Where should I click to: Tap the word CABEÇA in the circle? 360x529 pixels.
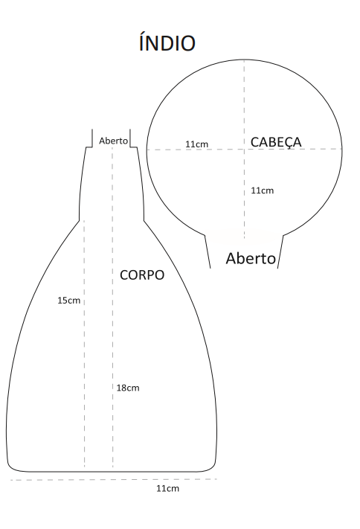coord(276,142)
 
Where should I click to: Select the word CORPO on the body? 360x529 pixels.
coord(142,275)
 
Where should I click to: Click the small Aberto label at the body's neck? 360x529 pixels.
coord(113,141)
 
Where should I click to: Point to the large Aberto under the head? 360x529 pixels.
coord(251,258)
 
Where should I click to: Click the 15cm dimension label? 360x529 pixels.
coord(69,301)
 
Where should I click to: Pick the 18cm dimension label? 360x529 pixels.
coord(128,388)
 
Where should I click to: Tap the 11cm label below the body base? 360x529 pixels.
coord(167,488)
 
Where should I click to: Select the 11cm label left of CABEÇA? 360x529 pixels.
coord(196,144)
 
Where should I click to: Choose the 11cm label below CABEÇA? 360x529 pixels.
coord(262,190)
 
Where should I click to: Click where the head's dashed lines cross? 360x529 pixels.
coord(244,149)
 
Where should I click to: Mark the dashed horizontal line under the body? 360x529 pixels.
coord(113,479)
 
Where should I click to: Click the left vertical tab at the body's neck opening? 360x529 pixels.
coord(92,138)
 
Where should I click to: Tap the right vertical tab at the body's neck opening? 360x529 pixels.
coord(130,138)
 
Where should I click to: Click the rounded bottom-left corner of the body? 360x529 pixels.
coord(11,467)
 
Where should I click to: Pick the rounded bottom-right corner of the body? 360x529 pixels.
coord(211,467)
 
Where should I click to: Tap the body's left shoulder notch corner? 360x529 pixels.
coord(80,221)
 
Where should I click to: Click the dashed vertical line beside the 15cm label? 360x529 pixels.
coord(84,344)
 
